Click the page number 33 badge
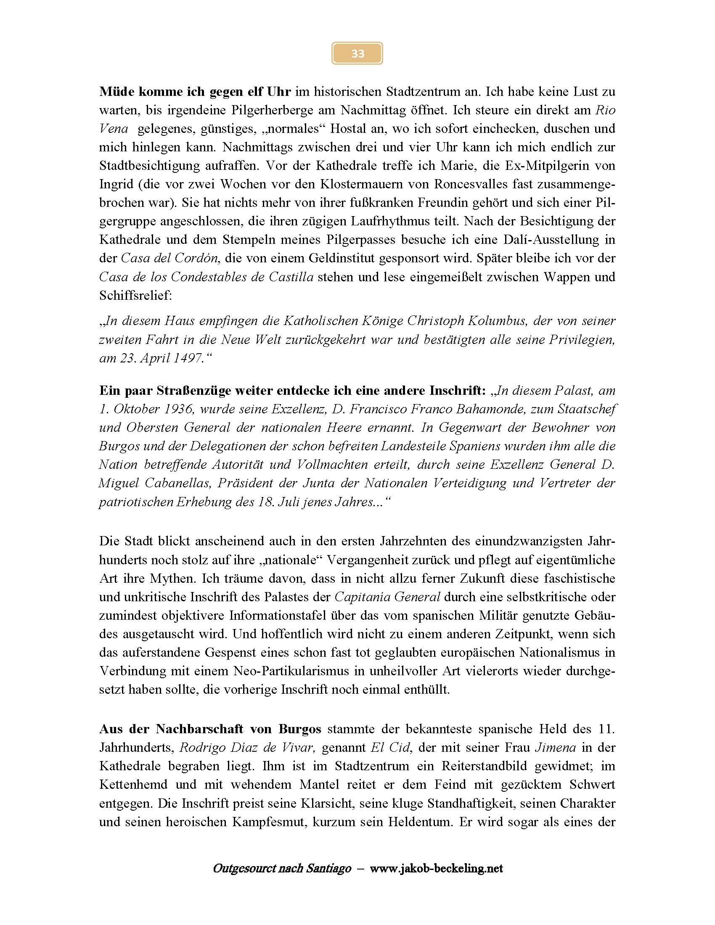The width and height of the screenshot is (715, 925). click(357, 53)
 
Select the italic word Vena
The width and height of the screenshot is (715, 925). click(114, 129)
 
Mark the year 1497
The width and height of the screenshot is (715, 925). click(189, 358)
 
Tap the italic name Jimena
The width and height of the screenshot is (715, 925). click(555, 748)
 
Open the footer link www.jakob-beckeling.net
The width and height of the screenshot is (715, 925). click(436, 869)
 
